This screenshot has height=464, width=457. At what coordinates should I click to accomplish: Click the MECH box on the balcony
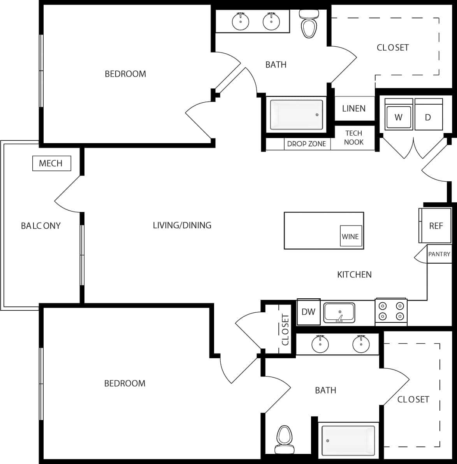tap(51, 163)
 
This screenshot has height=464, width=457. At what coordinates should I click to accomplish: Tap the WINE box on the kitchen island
tap(350, 236)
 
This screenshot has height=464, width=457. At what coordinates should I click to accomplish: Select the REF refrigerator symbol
tap(435, 226)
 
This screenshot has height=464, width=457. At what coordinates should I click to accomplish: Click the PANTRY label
tap(439, 254)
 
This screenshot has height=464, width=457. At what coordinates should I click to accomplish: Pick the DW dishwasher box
tap(308, 312)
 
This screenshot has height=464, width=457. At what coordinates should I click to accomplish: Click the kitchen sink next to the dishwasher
tap(339, 313)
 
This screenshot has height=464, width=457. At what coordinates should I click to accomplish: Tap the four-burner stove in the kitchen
tap(391, 311)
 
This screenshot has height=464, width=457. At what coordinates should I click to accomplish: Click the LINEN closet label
tap(354, 109)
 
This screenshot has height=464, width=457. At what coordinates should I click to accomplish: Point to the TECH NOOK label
tap(354, 138)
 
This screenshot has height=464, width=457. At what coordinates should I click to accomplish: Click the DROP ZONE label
tap(306, 144)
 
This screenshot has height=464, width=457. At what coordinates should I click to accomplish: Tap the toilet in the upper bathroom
tap(309, 24)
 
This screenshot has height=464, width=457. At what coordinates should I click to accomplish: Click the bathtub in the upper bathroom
tap(297, 115)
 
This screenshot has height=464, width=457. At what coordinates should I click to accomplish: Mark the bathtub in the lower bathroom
tap(348, 441)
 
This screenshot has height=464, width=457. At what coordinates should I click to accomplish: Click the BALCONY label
tap(41, 226)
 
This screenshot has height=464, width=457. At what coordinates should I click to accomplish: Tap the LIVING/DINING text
tap(182, 225)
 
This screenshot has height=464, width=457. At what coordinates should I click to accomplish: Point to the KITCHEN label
tap(354, 275)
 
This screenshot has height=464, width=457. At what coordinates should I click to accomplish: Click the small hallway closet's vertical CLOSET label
tap(285, 330)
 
